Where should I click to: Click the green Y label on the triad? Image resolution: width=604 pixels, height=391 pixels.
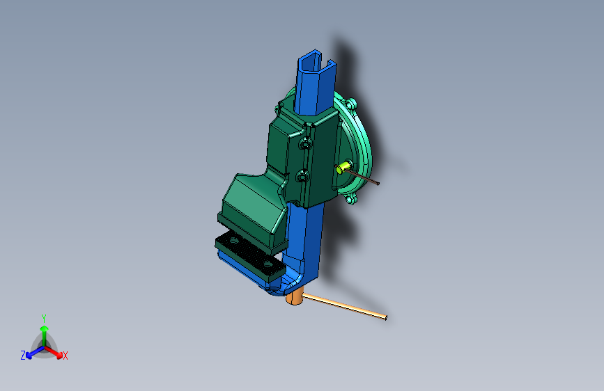pos(44,318)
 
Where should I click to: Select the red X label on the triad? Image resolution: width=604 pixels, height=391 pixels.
pos(65,356)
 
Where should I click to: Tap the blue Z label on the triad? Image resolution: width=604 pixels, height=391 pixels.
pos(23,356)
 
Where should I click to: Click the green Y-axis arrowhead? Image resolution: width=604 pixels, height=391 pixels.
pos(45,328)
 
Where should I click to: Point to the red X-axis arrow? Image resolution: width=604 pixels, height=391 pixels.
pos(53,352)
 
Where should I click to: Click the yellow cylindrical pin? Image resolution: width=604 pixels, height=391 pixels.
pos(342,168)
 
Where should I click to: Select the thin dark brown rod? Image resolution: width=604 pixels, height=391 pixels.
pos(363,177)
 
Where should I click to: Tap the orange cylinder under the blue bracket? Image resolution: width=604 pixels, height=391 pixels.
pos(295,296)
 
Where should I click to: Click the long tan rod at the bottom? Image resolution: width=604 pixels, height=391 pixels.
pos(344,306)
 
